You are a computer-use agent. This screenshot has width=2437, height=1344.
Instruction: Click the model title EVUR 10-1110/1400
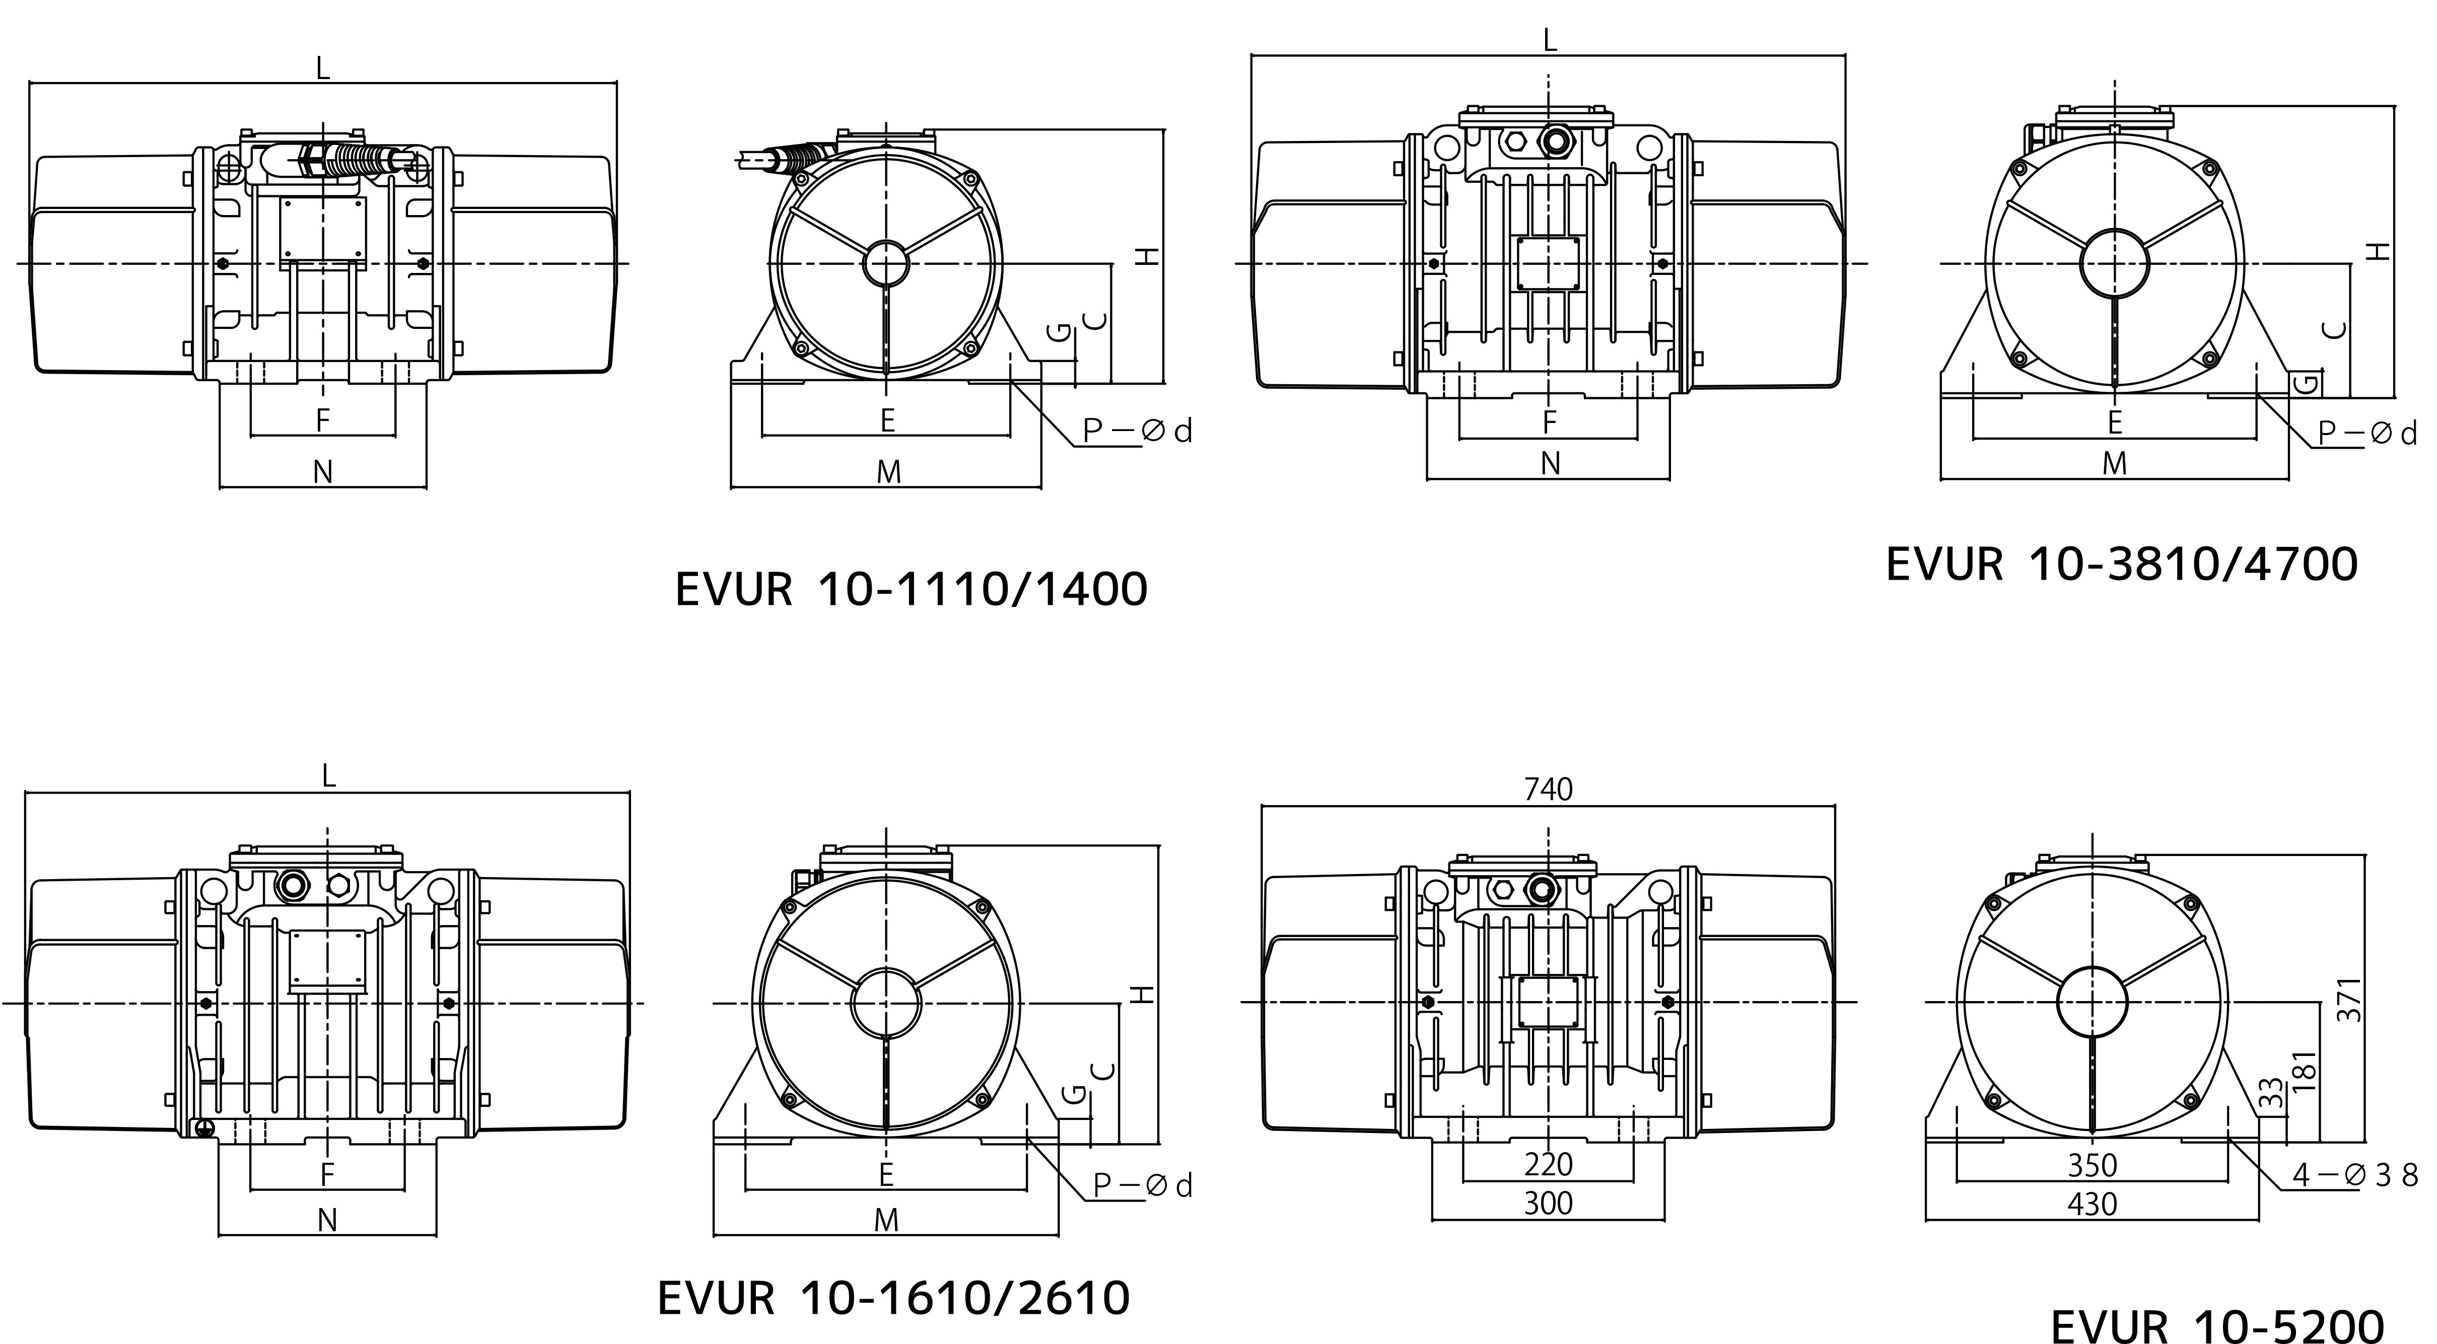click(911, 589)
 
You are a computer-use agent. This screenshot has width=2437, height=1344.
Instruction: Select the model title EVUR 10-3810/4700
click(2122, 564)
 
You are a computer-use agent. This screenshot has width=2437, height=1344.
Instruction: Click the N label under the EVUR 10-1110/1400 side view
click(323, 472)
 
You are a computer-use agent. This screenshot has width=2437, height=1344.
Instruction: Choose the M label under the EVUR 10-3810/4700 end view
click(2114, 463)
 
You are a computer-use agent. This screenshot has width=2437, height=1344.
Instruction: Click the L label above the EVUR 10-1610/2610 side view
click(328, 776)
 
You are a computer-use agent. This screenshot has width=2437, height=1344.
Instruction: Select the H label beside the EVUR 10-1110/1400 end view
click(1147, 256)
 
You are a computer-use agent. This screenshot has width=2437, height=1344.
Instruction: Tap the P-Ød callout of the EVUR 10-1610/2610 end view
click(1143, 1186)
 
